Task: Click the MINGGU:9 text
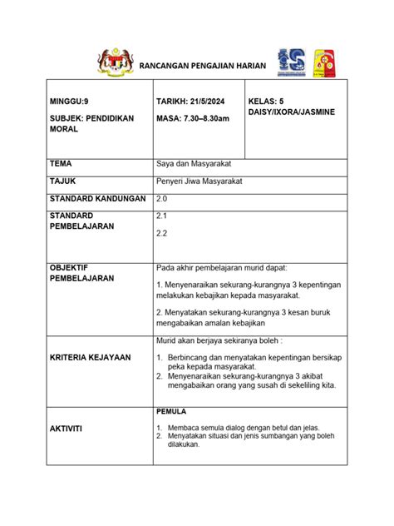coord(68,102)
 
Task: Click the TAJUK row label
coord(62,181)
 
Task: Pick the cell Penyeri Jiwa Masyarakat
coord(204,181)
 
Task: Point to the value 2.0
coord(162,199)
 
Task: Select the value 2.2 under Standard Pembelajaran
coord(161,234)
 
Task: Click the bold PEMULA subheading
coord(171,411)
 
